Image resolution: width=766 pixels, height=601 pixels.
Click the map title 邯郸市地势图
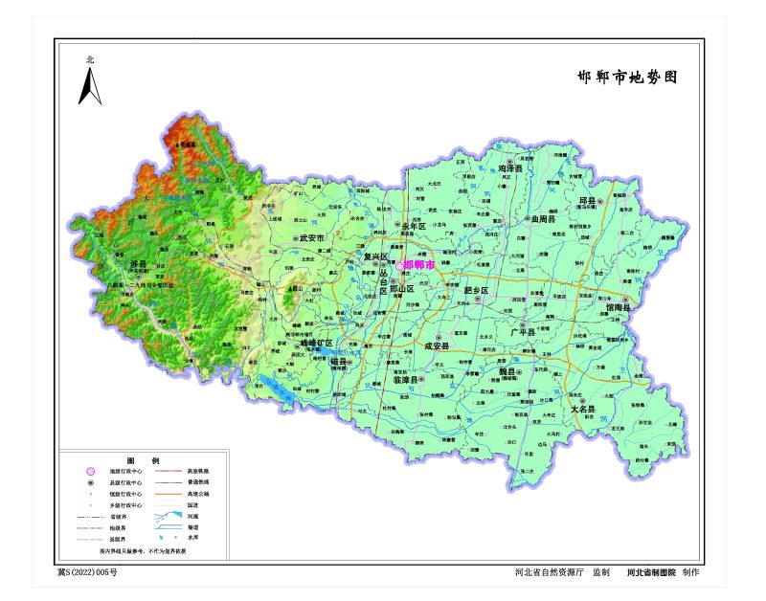pos(627,78)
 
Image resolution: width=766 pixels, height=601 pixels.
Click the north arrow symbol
pos(90,85)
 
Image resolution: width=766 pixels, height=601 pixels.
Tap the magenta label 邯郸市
pos(419,264)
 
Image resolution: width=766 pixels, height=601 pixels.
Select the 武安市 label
pos(313,237)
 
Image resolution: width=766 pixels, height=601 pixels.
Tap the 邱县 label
pos(586,201)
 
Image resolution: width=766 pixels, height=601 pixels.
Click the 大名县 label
pos(584,409)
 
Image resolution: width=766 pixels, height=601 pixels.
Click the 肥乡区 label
pos(476,290)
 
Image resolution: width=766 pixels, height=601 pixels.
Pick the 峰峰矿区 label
pos(313,343)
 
